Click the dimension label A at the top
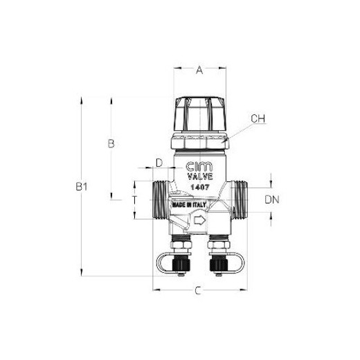pos(199,70)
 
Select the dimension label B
pos(111,143)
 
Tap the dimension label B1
pos(82,186)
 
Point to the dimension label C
pos(198,291)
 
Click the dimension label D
pos(159,163)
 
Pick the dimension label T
pos(134,200)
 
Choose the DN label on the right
pos(272,199)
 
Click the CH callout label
pos(258,118)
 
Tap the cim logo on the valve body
pos(199,167)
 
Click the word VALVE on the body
pos(200,177)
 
